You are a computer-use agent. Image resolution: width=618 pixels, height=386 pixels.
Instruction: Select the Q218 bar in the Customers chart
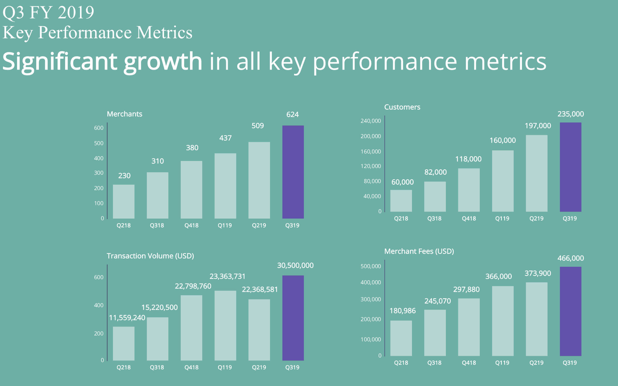pyautogui.click(x=401, y=201)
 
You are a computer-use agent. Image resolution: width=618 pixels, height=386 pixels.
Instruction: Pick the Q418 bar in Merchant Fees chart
pyautogui.click(x=469, y=327)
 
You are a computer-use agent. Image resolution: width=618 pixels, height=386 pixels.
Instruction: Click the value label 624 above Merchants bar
pyautogui.click(x=293, y=115)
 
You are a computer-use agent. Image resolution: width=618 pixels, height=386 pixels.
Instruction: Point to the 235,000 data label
pyautogui.click(x=570, y=114)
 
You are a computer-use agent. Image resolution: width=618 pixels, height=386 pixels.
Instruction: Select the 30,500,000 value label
pyautogui.click(x=295, y=266)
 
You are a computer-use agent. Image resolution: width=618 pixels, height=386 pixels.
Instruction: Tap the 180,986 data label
pyautogui.click(x=403, y=311)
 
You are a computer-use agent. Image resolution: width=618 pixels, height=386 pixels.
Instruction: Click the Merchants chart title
pyautogui.click(x=125, y=114)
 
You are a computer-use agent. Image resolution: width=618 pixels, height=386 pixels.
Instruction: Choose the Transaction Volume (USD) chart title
pyautogui.click(x=150, y=256)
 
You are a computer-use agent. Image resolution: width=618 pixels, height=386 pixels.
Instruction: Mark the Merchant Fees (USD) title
pyautogui.click(x=419, y=251)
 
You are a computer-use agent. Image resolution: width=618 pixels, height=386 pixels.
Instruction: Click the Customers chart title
pyautogui.click(x=402, y=107)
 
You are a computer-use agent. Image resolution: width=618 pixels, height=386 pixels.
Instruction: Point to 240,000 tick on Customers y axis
pyautogui.click(x=371, y=121)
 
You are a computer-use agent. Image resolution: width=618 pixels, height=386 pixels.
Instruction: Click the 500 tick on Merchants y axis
pyautogui.click(x=99, y=143)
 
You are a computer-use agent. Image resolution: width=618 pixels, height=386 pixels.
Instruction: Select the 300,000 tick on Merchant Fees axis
pyautogui.click(x=371, y=300)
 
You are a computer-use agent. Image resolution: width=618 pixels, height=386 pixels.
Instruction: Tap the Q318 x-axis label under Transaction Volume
pyautogui.click(x=157, y=367)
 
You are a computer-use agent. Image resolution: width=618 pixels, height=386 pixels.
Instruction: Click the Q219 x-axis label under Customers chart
pyautogui.click(x=536, y=219)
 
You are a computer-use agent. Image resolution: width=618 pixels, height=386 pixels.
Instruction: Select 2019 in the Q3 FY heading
pyautogui.click(x=76, y=12)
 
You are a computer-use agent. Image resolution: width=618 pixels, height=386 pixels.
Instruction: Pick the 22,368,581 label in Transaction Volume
pyautogui.click(x=260, y=290)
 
